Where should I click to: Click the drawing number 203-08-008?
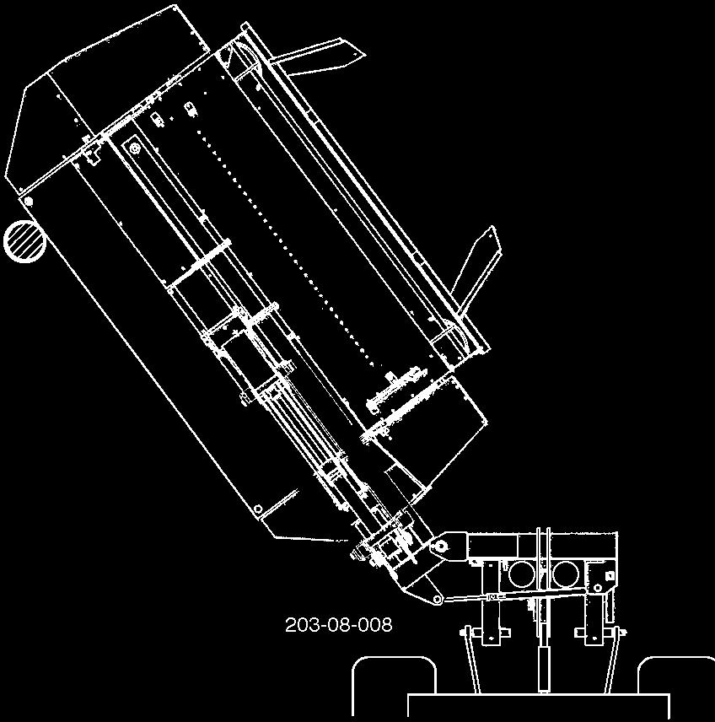tap(338, 625)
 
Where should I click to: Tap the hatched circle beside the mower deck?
tap(24, 241)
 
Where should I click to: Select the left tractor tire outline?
tap(394, 688)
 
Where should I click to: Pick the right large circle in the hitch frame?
tap(566, 574)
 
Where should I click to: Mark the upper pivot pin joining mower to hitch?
tap(441, 546)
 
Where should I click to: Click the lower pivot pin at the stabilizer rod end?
tap(437, 600)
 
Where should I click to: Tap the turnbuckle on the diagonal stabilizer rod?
tap(493, 596)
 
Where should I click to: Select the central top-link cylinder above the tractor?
tap(544, 663)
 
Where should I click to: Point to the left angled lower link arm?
tap(472, 660)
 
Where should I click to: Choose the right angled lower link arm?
tap(615, 660)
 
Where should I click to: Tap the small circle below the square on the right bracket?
tap(598, 588)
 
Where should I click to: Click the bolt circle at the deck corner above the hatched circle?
tap(28, 202)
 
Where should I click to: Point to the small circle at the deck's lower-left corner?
tap(258, 509)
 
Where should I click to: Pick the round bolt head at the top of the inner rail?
tap(134, 148)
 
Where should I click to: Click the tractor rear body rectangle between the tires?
tap(539, 708)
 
